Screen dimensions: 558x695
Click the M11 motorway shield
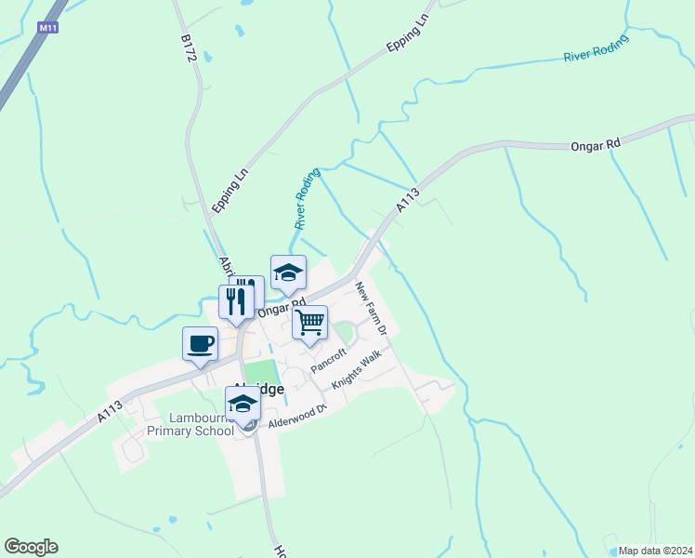[x=48, y=29]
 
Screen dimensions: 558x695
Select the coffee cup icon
[x=200, y=344]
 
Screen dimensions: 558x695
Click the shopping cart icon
[x=309, y=323]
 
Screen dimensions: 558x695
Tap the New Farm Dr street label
[x=370, y=310]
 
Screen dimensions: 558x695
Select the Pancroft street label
[x=328, y=360]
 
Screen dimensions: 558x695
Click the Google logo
[x=31, y=547]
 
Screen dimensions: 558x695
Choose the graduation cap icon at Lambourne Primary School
[x=243, y=404]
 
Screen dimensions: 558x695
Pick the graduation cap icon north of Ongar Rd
[x=288, y=272]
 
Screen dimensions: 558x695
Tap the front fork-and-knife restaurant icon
[x=236, y=301]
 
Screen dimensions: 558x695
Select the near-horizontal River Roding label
[x=596, y=50]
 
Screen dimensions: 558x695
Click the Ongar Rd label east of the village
[x=595, y=145]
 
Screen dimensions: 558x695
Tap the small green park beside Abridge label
[x=261, y=372]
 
